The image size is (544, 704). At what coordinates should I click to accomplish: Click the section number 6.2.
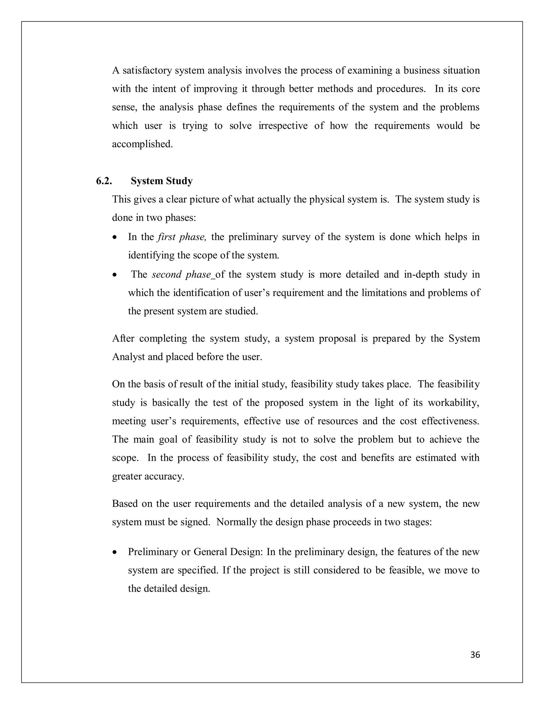click(x=104, y=181)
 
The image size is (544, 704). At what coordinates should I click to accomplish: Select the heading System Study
click(x=161, y=181)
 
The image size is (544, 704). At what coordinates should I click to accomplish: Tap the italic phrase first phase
click(x=182, y=237)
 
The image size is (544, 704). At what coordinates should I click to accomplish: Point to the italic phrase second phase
click(x=181, y=275)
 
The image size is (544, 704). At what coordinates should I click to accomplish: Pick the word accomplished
click(x=142, y=144)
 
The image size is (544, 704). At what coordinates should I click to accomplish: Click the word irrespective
click(x=283, y=125)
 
